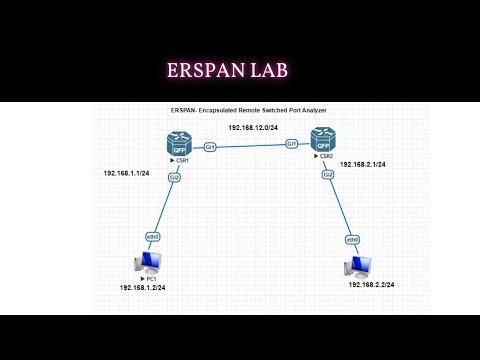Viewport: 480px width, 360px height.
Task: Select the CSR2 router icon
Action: (x=322, y=140)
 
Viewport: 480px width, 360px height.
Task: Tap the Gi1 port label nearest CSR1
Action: (x=210, y=147)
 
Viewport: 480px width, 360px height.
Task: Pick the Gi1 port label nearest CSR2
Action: (x=292, y=144)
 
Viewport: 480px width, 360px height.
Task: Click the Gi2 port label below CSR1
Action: (x=175, y=177)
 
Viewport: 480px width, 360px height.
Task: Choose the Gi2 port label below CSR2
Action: (x=328, y=174)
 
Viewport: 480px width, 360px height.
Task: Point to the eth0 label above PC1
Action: (x=153, y=236)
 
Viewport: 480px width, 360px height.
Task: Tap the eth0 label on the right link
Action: (x=352, y=240)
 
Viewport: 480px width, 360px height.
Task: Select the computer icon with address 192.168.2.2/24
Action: (x=358, y=267)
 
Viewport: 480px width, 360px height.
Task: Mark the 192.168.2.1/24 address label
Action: (x=363, y=163)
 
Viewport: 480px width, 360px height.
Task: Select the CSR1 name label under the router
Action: (x=182, y=160)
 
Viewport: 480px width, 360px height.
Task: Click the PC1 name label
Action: (x=148, y=277)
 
